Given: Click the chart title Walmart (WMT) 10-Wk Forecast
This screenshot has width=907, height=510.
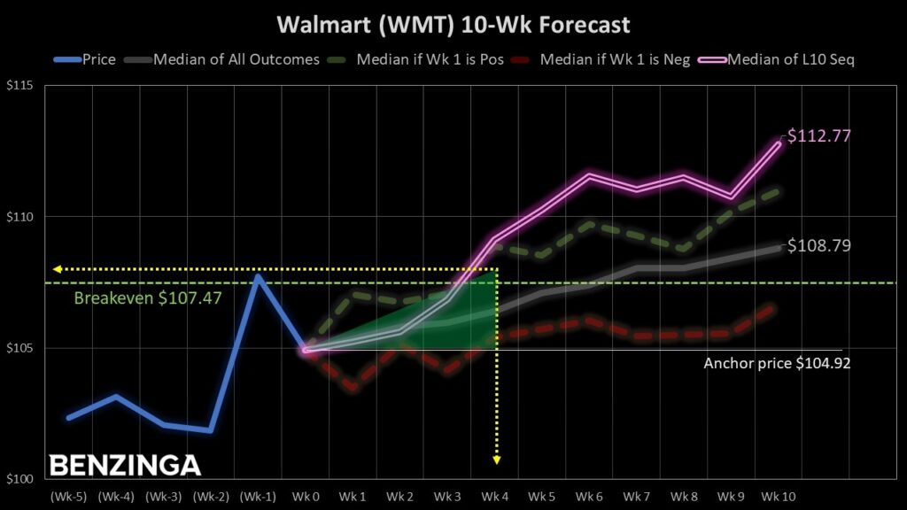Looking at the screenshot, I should [x=453, y=23].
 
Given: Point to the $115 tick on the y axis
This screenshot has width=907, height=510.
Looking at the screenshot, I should [x=19, y=86].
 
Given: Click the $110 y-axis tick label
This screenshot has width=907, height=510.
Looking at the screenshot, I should [x=19, y=217].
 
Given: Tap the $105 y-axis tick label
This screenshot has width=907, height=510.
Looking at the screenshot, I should [x=19, y=348].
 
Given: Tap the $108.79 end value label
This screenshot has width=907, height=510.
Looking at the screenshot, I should [x=819, y=245].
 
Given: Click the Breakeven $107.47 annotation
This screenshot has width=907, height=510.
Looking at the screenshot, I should [x=148, y=298].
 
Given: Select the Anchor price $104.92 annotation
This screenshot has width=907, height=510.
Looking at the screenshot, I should [x=777, y=363].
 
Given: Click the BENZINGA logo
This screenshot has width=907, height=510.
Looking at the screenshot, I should [x=125, y=466].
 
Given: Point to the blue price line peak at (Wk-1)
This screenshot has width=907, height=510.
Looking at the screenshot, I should [x=258, y=276].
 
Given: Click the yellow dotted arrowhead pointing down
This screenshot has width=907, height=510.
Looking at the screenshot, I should [x=496, y=460].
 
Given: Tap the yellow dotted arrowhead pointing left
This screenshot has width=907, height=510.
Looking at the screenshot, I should [x=57, y=268].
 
